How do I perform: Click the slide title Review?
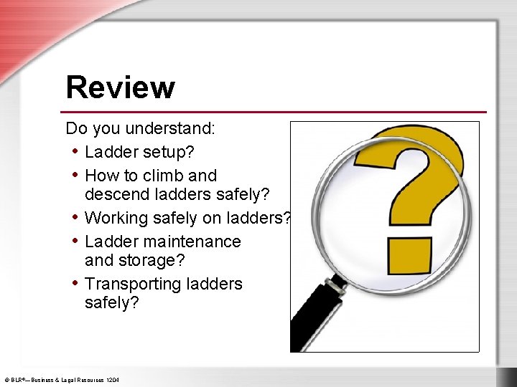point(120,87)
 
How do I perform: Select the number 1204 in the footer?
point(113,379)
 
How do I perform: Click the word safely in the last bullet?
point(111,302)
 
